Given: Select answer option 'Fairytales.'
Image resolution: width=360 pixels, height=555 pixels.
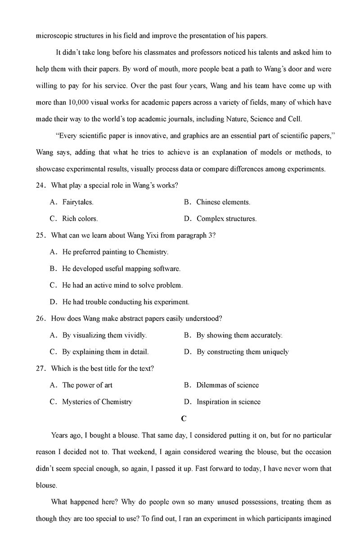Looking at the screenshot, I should [x=78, y=202].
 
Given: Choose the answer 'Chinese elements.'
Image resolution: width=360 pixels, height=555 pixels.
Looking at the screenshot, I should [x=223, y=202].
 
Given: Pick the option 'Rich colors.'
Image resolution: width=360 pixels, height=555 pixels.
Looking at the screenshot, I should [x=80, y=219].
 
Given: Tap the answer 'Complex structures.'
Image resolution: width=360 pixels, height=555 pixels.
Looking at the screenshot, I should [x=226, y=219].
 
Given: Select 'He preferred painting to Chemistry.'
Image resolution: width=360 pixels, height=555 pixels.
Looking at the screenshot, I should [x=115, y=252].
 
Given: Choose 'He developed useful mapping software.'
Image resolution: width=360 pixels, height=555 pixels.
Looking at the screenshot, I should [x=121, y=269].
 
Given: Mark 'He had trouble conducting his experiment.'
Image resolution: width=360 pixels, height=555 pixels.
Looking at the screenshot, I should [x=126, y=302].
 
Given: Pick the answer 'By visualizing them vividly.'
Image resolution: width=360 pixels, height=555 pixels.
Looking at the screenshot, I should [x=104, y=335].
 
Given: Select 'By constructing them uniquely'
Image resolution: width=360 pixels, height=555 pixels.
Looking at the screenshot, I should [x=243, y=352].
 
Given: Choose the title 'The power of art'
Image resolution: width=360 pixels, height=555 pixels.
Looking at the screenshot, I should [x=87, y=385].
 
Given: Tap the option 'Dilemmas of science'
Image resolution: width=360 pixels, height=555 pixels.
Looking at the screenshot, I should [x=227, y=385].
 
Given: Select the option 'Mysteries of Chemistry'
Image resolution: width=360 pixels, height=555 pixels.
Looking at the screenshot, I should [x=97, y=402].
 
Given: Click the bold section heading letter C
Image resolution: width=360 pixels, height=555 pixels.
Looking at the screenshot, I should [x=184, y=419].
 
